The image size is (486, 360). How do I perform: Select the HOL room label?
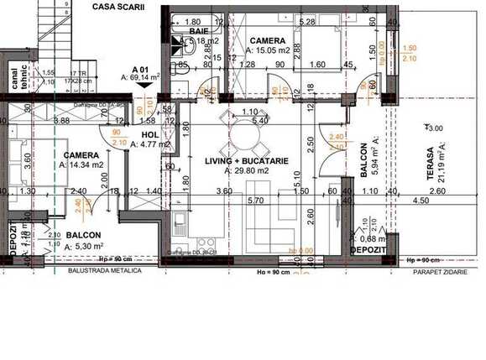tap(150, 133)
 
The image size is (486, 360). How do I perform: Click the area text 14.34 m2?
tap(86, 165)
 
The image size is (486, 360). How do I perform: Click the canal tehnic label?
tap(18, 77)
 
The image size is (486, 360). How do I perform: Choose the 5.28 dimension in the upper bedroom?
tap(306, 22)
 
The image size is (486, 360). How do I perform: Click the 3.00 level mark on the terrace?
tap(434, 128)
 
